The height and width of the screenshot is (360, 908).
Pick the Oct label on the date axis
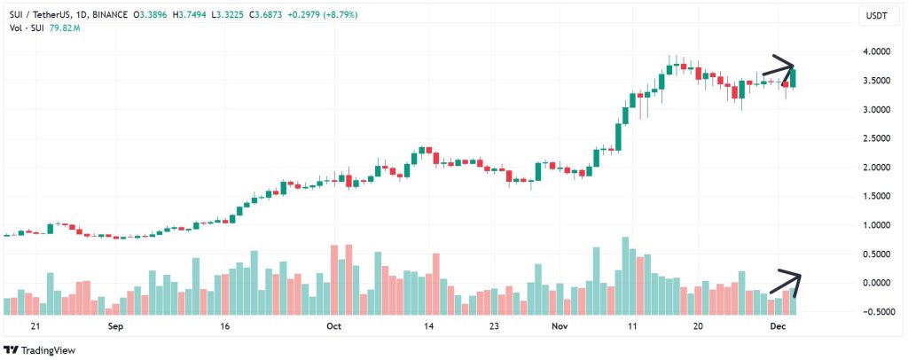pos(334,326)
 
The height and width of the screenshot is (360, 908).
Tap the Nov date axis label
pos(559,326)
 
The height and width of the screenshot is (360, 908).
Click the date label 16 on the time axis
pos(225,326)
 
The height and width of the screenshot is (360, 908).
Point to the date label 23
pos(494,326)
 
